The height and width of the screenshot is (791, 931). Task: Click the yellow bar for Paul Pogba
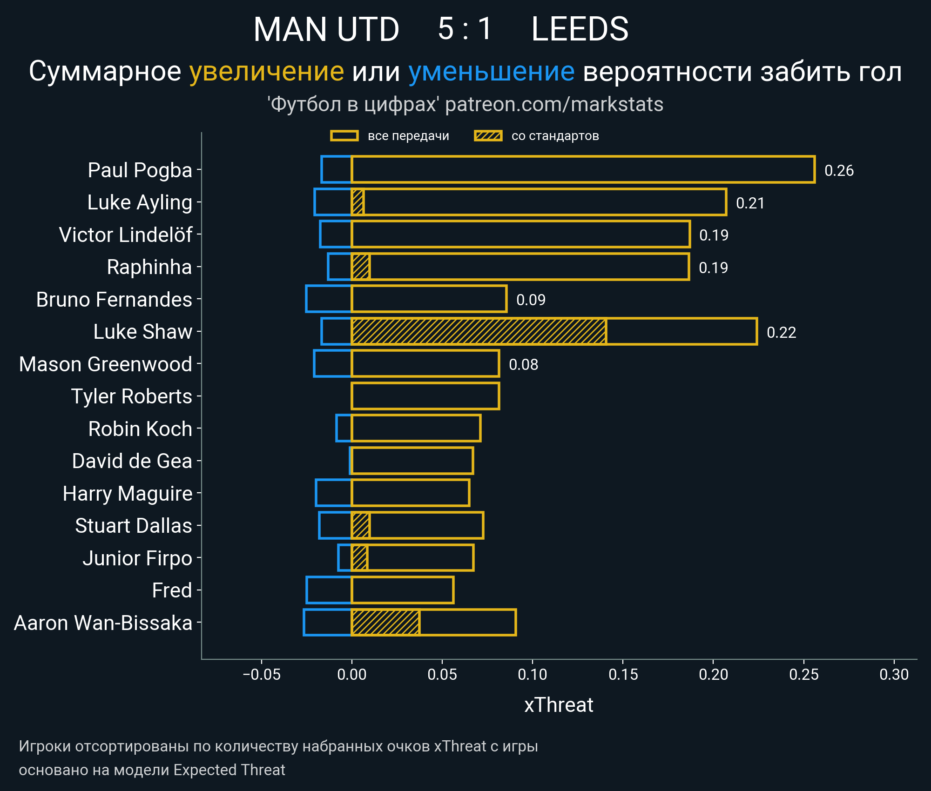coord(583,169)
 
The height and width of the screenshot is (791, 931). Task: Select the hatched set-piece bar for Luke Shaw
coord(479,331)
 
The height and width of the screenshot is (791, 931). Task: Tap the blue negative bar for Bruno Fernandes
coord(329,299)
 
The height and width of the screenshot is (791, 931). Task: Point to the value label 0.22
coord(781,332)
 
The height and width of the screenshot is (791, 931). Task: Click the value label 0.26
coord(839,170)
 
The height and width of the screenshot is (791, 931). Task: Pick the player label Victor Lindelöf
coord(126,235)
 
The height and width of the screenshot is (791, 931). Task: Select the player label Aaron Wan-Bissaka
coord(103,623)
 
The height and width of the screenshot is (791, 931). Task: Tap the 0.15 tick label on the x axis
coord(623,674)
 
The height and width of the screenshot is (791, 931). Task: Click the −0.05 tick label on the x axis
coord(262,674)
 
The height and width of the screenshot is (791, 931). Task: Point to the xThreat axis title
coord(559,705)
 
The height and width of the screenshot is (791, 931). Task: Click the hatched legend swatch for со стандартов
coord(488,136)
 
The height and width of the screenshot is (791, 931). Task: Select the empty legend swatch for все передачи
coord(344,136)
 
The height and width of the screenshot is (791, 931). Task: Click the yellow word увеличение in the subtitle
coord(266,72)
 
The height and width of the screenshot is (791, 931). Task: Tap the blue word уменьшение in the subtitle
coord(491,72)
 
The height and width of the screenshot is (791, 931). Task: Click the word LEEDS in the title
coord(580,29)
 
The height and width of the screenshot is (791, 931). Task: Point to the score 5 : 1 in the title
coord(465,29)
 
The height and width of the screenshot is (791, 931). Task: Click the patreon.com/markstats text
coord(554,104)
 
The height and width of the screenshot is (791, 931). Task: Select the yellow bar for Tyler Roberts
coord(425,396)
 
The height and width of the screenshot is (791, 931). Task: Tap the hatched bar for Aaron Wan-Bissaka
coord(385,622)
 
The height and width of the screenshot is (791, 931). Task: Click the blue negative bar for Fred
coord(329,590)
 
